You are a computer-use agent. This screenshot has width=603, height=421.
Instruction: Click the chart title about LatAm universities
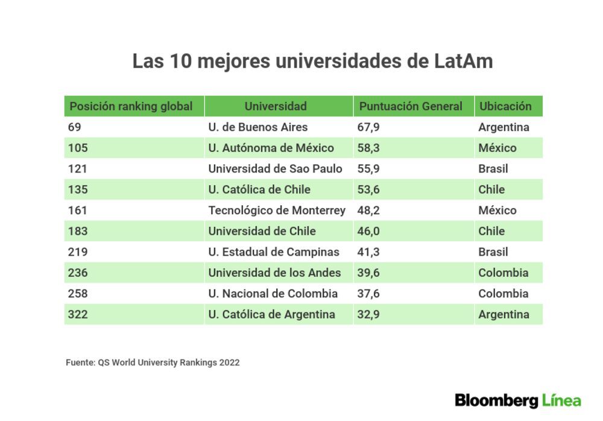(x=312, y=62)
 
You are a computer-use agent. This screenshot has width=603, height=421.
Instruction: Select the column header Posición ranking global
(x=131, y=107)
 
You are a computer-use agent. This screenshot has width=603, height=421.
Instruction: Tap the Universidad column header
(x=276, y=107)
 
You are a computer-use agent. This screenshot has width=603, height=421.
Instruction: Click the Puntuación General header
(x=411, y=107)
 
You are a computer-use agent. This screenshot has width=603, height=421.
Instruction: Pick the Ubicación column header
(x=505, y=107)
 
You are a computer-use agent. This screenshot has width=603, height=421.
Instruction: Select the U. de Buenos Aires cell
(x=258, y=127)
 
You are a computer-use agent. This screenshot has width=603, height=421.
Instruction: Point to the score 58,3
(x=368, y=148)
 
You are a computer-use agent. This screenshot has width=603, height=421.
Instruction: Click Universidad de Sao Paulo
(x=275, y=169)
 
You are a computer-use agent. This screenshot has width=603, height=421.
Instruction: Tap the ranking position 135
(x=78, y=190)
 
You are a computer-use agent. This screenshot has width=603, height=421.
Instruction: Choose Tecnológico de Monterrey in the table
(x=277, y=210)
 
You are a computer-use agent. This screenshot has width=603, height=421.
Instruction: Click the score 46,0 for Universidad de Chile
(x=368, y=231)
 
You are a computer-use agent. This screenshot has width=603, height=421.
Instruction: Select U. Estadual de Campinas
(x=274, y=252)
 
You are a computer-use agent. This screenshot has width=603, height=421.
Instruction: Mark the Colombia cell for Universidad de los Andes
(x=503, y=273)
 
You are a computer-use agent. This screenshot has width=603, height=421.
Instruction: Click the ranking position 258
(x=78, y=294)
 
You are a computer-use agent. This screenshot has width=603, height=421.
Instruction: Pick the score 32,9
(x=368, y=314)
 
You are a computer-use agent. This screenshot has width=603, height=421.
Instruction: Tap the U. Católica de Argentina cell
(x=271, y=314)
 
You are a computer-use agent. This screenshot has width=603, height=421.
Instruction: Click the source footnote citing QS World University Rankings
(x=153, y=362)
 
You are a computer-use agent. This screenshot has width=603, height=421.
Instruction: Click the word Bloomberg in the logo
(x=497, y=400)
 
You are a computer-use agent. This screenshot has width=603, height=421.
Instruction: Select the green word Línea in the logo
(x=561, y=400)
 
